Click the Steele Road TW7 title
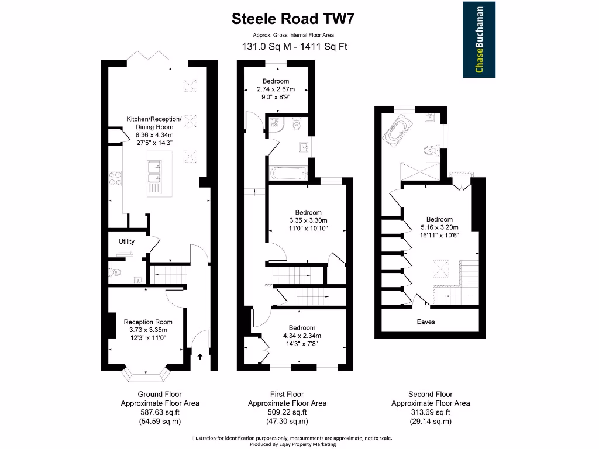[x=293, y=19]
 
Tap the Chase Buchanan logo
[x=479, y=40]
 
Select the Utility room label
[x=126, y=241]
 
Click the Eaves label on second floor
[x=425, y=322]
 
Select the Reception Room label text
[x=148, y=322]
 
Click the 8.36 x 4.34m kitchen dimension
[x=154, y=134]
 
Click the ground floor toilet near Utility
[x=115, y=272]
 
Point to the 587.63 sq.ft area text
[x=160, y=412]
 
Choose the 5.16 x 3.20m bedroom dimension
[x=439, y=227]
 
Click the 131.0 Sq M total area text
[x=266, y=47]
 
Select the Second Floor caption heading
[x=430, y=395]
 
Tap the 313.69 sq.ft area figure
[x=430, y=412]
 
